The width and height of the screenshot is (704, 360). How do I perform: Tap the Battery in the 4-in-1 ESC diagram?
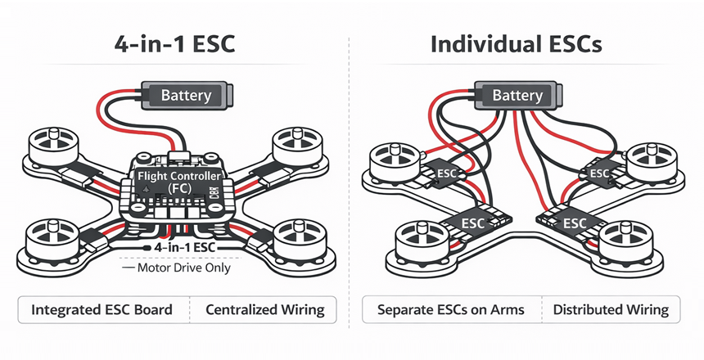pos(187,96)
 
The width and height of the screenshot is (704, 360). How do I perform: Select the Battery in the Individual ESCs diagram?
pos(517,96)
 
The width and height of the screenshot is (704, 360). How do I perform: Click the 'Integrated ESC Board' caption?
pos(102,310)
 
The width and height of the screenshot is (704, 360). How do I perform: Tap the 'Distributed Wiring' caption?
pos(611,310)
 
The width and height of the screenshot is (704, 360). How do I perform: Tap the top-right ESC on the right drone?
pos(599,173)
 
